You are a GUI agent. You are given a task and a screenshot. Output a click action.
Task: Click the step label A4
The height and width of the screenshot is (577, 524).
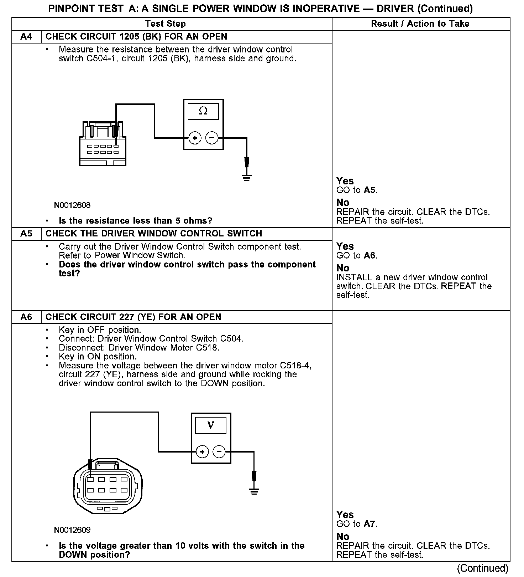(x=26, y=37)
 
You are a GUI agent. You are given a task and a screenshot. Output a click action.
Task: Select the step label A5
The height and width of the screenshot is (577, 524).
(x=26, y=234)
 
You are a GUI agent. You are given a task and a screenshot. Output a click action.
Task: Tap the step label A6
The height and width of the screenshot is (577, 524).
(x=26, y=317)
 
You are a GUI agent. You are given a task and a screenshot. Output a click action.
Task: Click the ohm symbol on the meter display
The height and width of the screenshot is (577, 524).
(x=203, y=111)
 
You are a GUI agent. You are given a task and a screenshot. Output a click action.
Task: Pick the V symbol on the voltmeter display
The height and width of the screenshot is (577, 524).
(x=210, y=425)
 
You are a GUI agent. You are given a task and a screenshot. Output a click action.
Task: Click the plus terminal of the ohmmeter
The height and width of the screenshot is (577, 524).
(x=195, y=138)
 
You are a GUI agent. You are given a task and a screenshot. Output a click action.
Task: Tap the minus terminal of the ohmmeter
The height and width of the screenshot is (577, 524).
(x=212, y=138)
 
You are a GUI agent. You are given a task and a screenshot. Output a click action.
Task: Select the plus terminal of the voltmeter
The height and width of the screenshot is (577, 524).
(x=202, y=452)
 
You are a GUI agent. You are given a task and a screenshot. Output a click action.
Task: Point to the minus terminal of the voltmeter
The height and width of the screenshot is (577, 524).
(x=219, y=452)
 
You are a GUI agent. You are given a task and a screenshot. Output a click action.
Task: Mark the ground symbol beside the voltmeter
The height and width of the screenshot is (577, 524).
(x=254, y=491)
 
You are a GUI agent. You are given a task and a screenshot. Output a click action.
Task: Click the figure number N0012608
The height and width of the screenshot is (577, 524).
(x=72, y=205)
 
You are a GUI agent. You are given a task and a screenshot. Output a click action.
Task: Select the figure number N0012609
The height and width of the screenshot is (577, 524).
(x=72, y=530)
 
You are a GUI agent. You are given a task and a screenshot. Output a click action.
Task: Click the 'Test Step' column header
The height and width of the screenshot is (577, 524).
(x=166, y=24)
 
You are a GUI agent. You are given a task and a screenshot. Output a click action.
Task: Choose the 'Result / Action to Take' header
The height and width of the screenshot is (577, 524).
(x=420, y=24)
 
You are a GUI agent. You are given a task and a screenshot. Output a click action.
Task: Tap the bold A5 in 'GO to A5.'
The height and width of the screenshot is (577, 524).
(x=370, y=190)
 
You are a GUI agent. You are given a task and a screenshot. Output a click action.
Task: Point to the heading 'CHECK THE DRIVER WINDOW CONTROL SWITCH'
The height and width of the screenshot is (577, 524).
(x=154, y=234)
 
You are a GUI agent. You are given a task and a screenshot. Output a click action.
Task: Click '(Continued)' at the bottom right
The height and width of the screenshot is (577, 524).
(x=482, y=568)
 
